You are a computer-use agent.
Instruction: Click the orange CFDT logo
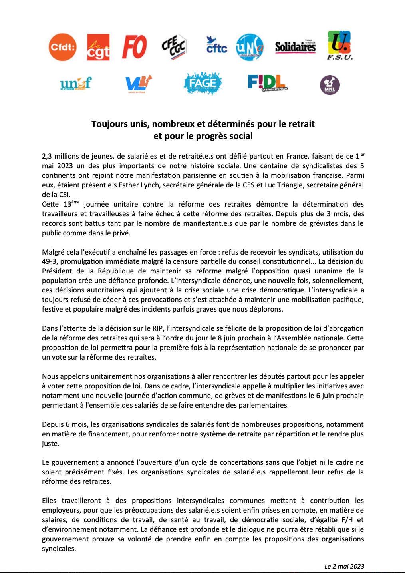62,47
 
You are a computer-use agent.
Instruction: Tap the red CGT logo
98,47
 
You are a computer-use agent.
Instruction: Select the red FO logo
134,47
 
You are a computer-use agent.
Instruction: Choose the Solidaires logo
295,47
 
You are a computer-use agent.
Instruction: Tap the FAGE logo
203,83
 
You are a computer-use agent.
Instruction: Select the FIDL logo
267,83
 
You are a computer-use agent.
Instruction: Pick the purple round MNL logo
330,85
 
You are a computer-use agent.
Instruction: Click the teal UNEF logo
75,84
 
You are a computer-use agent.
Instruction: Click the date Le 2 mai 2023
344,566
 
